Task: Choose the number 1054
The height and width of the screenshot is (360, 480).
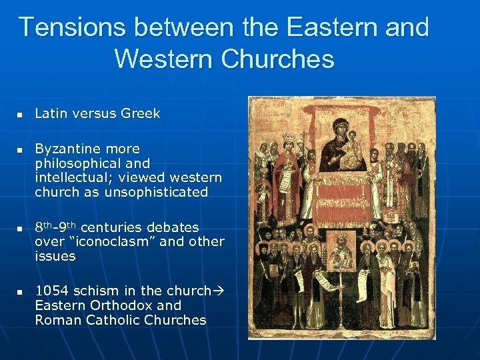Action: [51, 291]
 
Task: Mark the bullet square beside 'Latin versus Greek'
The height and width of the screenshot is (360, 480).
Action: [21, 115]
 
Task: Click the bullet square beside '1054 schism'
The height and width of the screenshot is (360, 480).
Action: [21, 292]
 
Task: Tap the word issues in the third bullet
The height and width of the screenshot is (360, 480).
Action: [55, 256]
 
